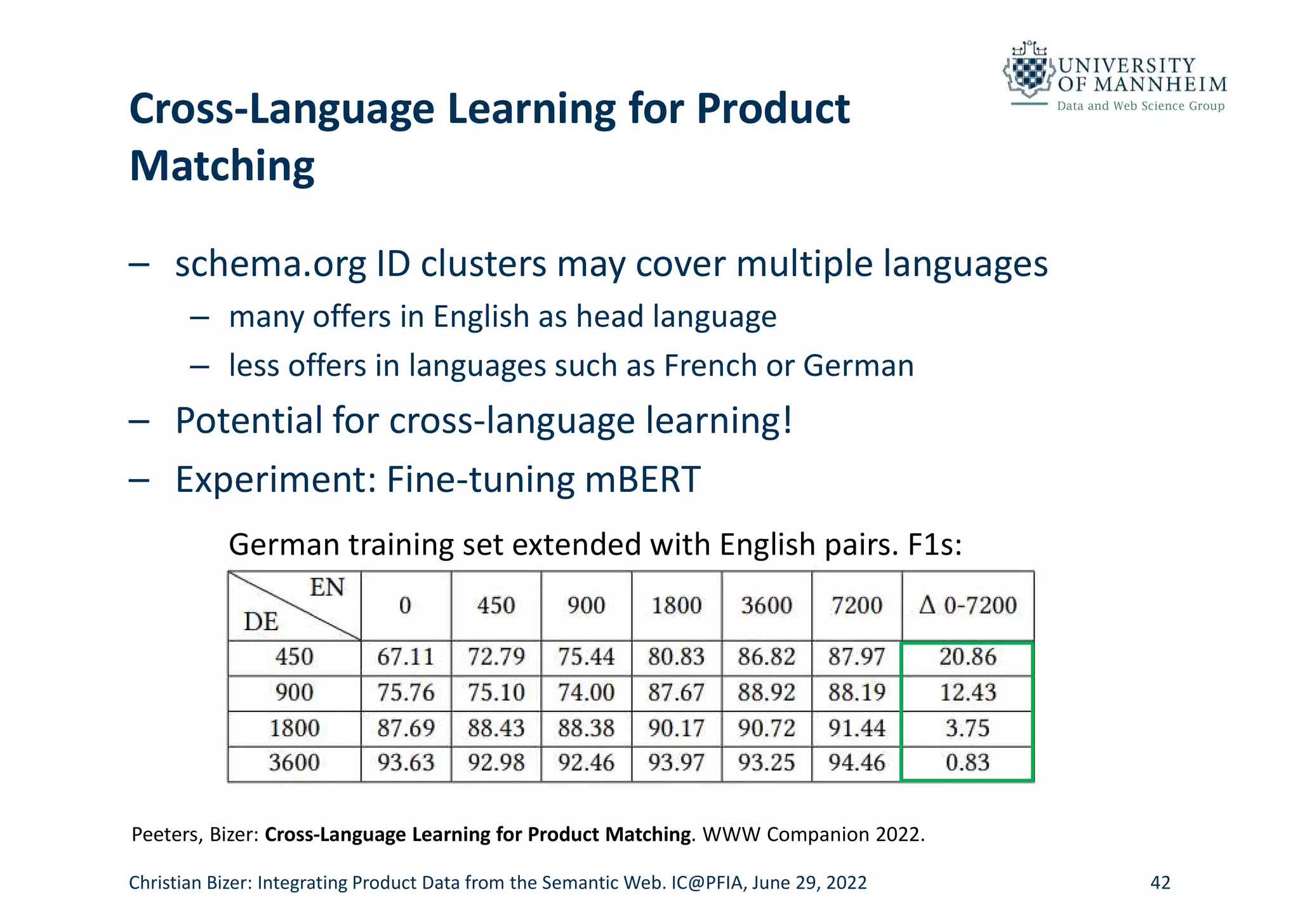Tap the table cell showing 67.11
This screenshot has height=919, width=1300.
406,657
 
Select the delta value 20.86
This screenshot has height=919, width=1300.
967,657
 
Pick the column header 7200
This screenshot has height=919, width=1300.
856,605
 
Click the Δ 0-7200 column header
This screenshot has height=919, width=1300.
967,605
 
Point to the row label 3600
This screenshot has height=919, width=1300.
294,762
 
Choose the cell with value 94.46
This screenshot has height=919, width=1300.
856,762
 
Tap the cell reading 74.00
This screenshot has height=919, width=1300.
586,692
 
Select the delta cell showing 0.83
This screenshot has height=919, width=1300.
967,762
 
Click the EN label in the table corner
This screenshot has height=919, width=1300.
327,588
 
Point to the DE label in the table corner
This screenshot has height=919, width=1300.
261,622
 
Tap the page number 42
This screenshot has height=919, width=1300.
1160,883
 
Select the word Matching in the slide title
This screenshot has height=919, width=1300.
222,166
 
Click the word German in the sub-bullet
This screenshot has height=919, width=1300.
858,366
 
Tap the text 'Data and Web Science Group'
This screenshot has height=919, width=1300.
1141,106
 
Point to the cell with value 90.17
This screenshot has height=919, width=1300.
676,728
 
